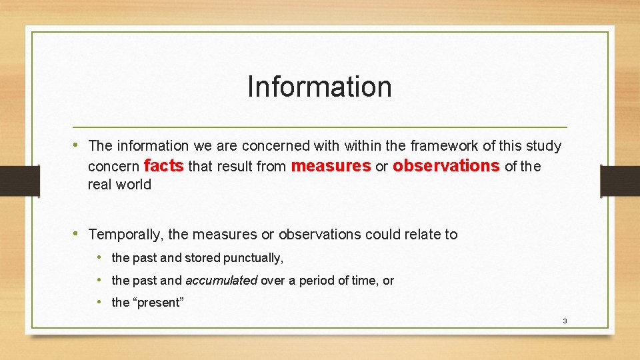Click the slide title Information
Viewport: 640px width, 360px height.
coord(319,87)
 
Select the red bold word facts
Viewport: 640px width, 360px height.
coord(163,165)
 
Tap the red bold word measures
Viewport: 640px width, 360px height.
coord(331,165)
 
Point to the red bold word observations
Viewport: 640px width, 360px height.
coord(446,165)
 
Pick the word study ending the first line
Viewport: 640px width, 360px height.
coord(544,145)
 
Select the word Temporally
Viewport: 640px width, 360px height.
coord(126,234)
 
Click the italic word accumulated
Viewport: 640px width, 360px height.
coord(221,281)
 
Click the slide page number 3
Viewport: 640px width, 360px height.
coord(565,321)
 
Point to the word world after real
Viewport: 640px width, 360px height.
coord(134,185)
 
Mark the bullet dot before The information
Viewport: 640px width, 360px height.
coord(79,145)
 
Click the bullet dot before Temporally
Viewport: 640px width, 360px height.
coord(79,233)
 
